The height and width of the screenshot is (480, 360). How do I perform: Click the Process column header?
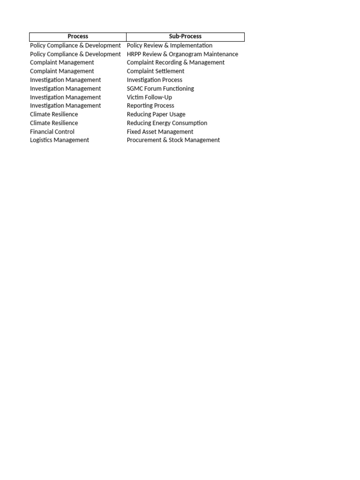[x=78, y=37]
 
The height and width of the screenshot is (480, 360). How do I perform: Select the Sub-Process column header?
[x=185, y=37]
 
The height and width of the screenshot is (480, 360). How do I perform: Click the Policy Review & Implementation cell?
[x=169, y=45]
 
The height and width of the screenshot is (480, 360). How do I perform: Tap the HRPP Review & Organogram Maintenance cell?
[x=182, y=54]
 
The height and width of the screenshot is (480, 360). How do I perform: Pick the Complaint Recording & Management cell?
[x=175, y=62]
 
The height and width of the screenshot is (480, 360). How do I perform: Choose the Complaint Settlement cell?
[x=155, y=71]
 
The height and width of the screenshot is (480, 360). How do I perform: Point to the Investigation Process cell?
[x=154, y=80]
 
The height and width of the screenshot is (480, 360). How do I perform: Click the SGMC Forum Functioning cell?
[x=160, y=89]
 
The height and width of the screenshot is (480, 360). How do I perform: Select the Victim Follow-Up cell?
[x=149, y=97]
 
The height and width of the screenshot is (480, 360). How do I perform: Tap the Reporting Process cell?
[x=150, y=106]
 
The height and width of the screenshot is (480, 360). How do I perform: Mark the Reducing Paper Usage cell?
[x=156, y=114]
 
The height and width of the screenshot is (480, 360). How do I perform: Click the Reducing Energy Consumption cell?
[x=167, y=123]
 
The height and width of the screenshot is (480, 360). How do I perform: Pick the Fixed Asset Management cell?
[x=160, y=132]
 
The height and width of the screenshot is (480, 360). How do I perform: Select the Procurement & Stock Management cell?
[x=173, y=140]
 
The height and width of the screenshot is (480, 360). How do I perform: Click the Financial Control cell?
[x=52, y=132]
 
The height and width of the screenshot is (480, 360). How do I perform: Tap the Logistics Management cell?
[x=59, y=140]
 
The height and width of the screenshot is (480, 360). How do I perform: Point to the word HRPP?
[x=134, y=54]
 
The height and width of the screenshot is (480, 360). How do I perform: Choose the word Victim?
[x=135, y=97]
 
